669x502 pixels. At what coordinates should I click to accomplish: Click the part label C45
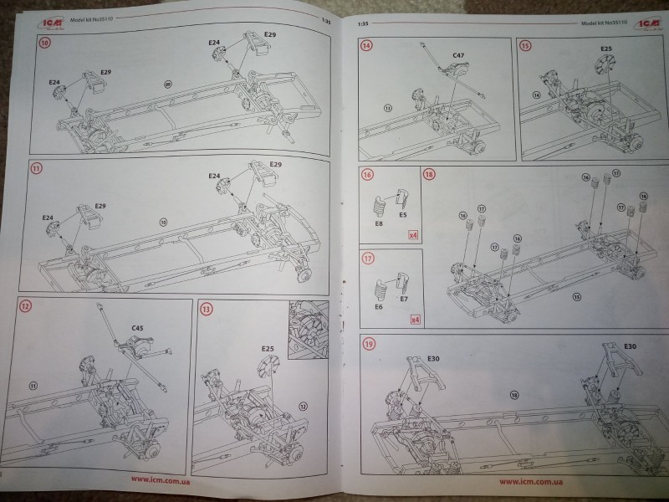pos(136,328)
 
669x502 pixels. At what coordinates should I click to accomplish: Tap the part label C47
pos(458,56)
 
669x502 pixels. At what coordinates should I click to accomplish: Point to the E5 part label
pos(402,215)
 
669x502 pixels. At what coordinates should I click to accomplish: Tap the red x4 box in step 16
pos(413,235)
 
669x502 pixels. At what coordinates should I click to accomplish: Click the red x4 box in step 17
pos(414,319)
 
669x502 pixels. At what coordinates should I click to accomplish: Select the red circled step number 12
pos(26,307)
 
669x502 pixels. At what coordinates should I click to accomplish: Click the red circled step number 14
pos(366,46)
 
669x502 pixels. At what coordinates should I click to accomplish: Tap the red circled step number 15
pos(525,46)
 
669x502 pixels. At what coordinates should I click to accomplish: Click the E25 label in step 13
pos(268,347)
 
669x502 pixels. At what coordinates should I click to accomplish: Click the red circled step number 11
pos(34,168)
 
